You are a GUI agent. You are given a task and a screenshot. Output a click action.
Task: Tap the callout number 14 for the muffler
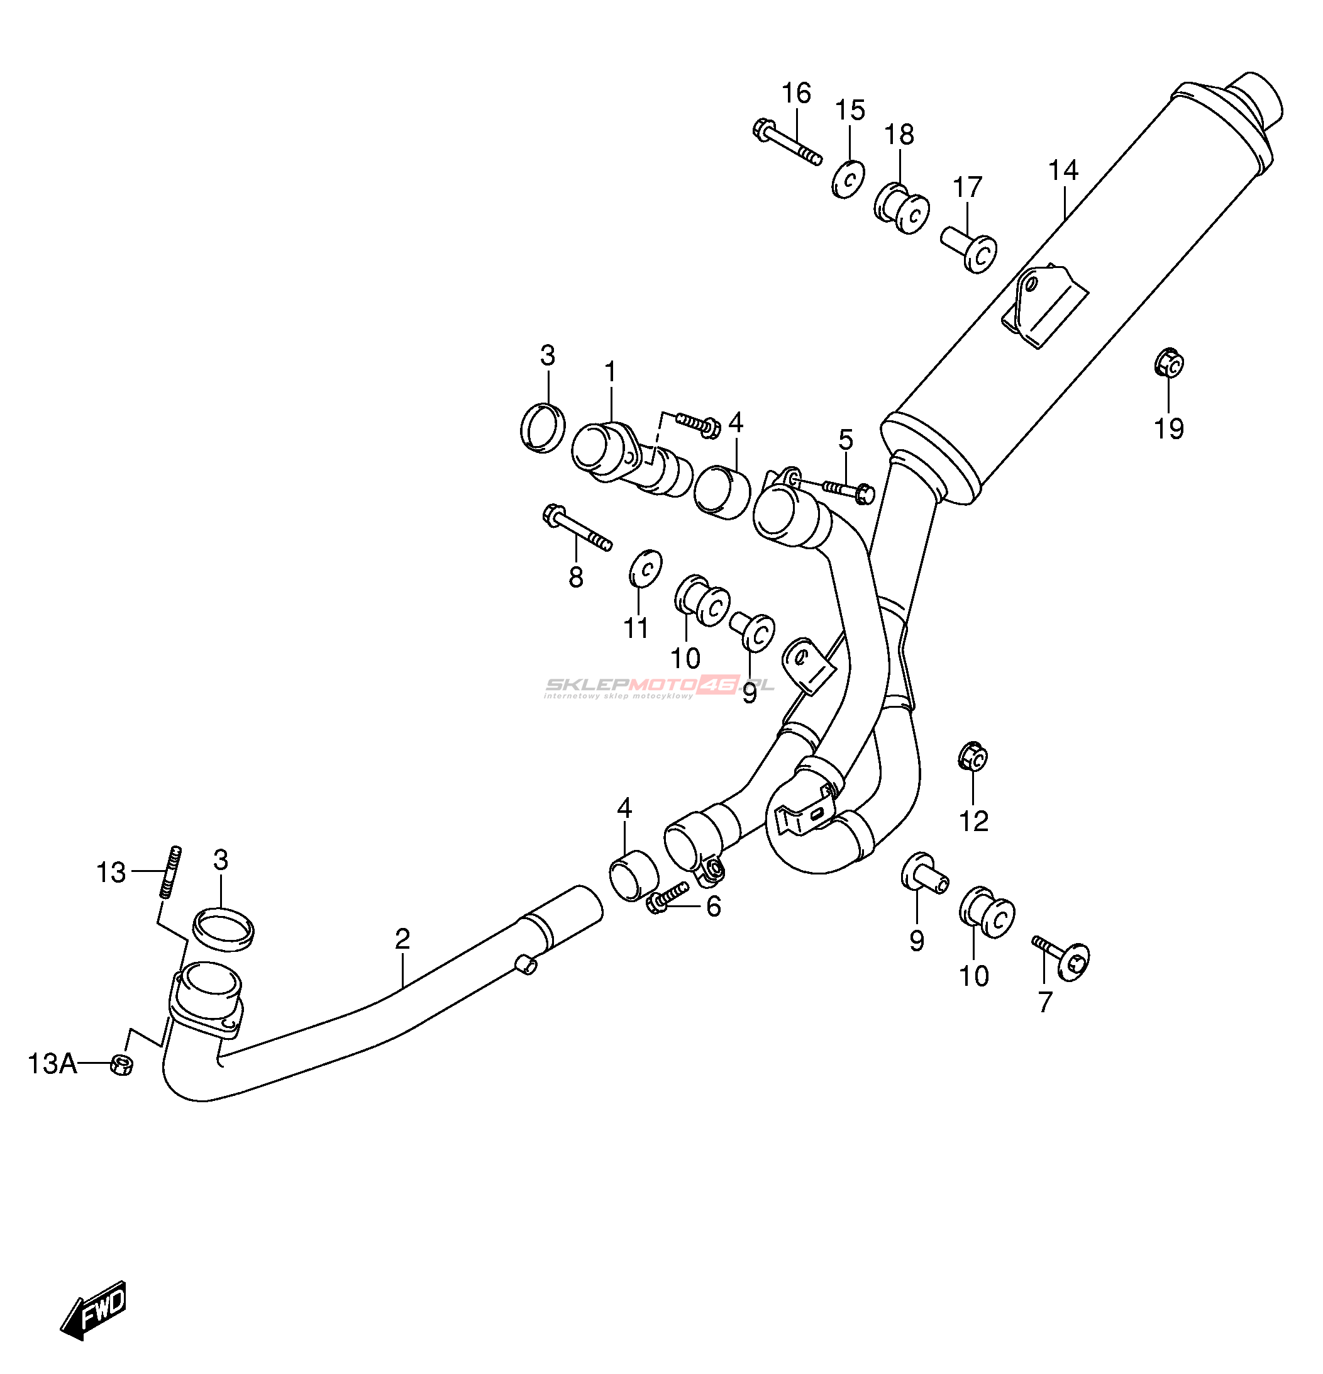[1063, 170]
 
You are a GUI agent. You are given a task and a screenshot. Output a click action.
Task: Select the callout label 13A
[52, 1063]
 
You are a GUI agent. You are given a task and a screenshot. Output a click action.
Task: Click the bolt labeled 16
[786, 142]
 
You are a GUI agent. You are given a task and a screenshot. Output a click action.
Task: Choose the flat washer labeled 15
[848, 179]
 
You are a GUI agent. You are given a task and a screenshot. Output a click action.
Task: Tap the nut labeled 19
[1169, 362]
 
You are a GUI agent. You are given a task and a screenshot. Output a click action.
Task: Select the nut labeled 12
[973, 756]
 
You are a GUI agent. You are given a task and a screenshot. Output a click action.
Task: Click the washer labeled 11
[645, 569]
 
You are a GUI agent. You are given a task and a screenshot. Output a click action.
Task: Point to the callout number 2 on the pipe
[402, 939]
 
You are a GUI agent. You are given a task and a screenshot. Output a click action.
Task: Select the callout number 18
[899, 134]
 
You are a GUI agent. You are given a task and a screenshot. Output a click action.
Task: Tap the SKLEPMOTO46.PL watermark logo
[660, 686]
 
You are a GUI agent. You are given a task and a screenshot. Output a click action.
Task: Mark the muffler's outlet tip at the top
[1258, 100]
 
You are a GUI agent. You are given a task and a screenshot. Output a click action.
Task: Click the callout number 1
[611, 372]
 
